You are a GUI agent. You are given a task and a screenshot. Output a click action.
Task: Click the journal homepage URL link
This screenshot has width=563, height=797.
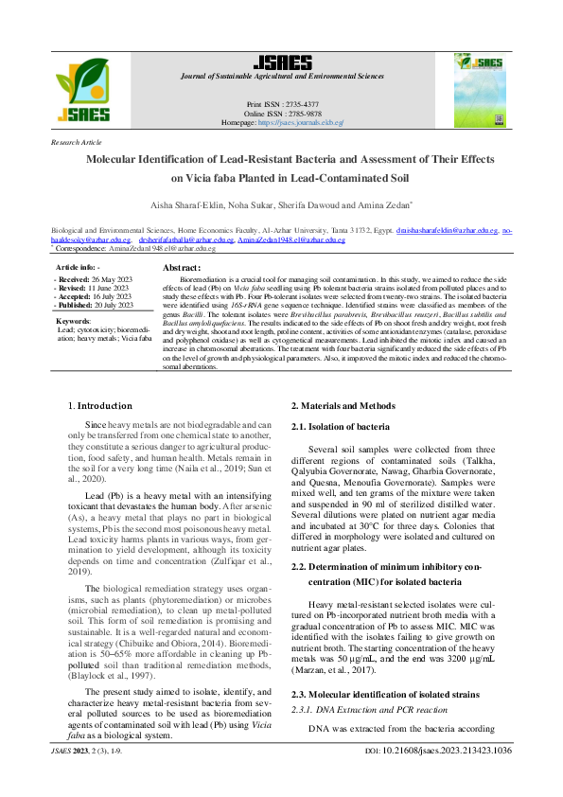pos(301,123)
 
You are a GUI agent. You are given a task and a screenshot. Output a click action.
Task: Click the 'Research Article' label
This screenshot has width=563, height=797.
pos(77,142)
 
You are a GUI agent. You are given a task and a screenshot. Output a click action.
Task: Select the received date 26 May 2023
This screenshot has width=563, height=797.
pos(109,280)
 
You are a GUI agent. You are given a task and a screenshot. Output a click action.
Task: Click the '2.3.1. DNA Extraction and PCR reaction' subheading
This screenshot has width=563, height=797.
pos(369,709)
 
